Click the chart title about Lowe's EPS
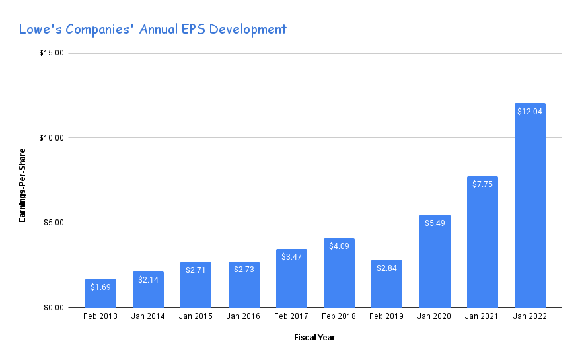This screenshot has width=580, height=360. (x=153, y=29)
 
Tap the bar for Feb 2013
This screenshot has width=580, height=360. (x=100, y=293)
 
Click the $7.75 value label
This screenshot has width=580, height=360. (x=482, y=184)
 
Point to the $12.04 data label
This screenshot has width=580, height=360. (x=530, y=111)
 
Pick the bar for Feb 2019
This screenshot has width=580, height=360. (x=386, y=283)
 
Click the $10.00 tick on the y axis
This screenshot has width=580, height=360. (x=51, y=137)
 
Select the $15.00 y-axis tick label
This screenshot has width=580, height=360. (x=51, y=53)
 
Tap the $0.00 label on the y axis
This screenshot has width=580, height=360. (x=53, y=307)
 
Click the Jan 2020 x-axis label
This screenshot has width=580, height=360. (x=434, y=317)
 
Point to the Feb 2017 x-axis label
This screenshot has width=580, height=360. (x=291, y=317)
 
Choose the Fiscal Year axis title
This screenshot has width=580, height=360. (x=314, y=338)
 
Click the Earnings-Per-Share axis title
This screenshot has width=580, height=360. (x=22, y=180)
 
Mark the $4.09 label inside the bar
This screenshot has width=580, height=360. (x=339, y=246)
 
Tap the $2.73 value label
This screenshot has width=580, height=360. (x=244, y=270)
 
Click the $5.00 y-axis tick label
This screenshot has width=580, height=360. (x=53, y=223)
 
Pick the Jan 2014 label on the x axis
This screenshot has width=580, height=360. (x=148, y=317)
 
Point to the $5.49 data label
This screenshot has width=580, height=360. (x=434, y=223)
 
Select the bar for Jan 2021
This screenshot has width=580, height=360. (x=482, y=242)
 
